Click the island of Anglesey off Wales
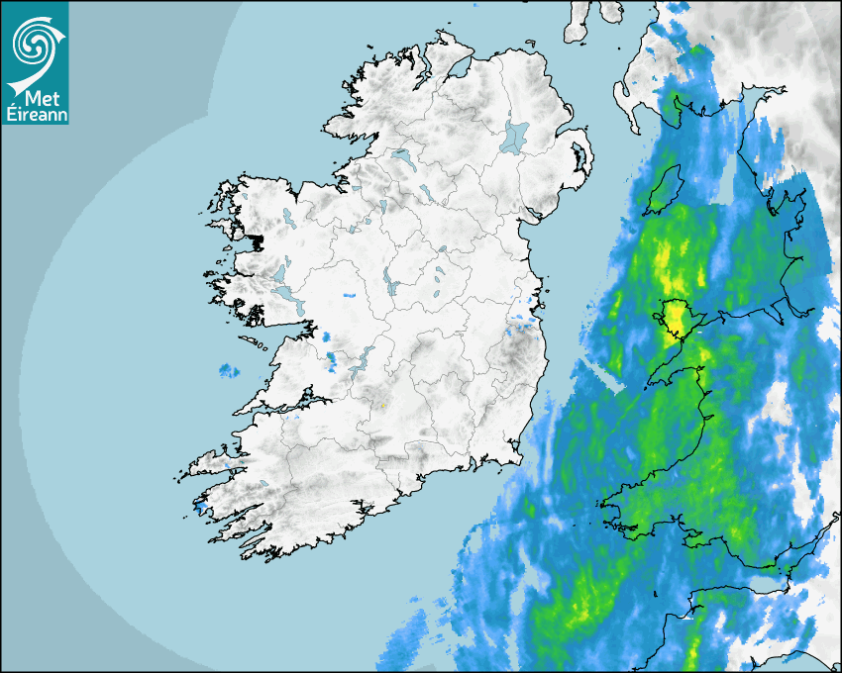(675, 316)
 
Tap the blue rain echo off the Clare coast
(229, 371)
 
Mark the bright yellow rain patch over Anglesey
(677, 317)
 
